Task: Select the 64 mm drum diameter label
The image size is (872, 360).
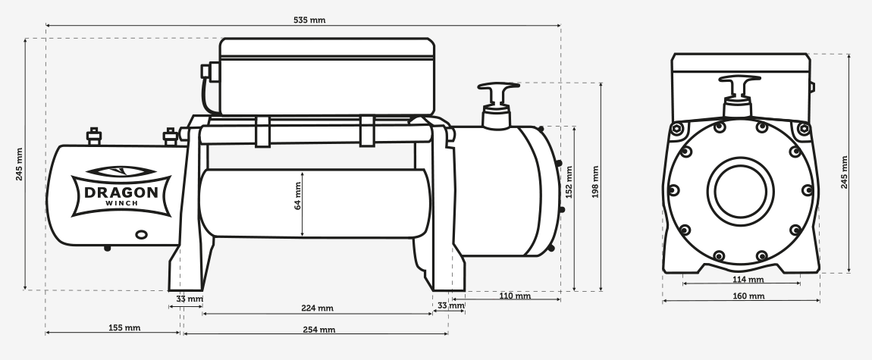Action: [x=298, y=196]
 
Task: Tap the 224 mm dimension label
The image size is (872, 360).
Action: [x=316, y=308]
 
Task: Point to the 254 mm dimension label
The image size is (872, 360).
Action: [x=318, y=330]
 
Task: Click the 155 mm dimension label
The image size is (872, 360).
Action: [x=124, y=328]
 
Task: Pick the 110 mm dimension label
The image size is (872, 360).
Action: [x=514, y=296]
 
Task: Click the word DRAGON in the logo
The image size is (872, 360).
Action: [x=121, y=192]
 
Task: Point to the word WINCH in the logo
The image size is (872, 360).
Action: [x=121, y=205]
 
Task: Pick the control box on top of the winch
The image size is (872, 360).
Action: [x=328, y=76]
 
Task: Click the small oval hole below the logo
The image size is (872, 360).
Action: [x=141, y=235]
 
